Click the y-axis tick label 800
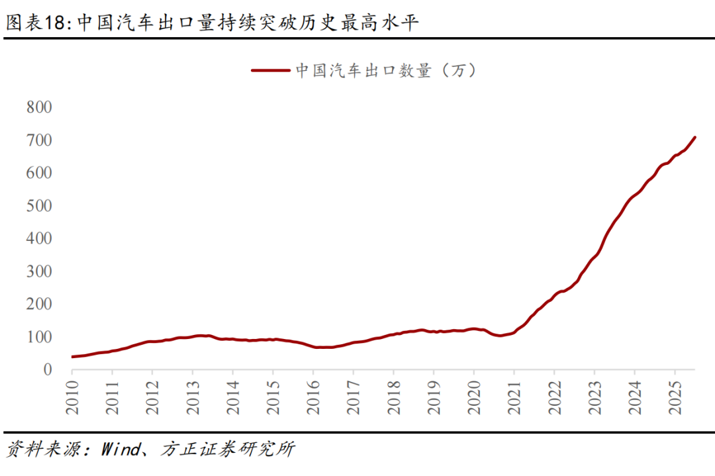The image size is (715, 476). [39, 107]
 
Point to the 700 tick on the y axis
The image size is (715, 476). [39, 140]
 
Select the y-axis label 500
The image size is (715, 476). [39, 206]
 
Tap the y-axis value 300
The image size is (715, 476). [39, 271]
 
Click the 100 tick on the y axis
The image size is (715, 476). [39, 337]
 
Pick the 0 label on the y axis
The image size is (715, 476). [47, 369]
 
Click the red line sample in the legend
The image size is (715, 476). [270, 70]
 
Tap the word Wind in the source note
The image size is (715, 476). [120, 450]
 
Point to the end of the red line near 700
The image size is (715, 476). [694, 138]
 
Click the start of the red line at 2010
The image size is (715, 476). [72, 357]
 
